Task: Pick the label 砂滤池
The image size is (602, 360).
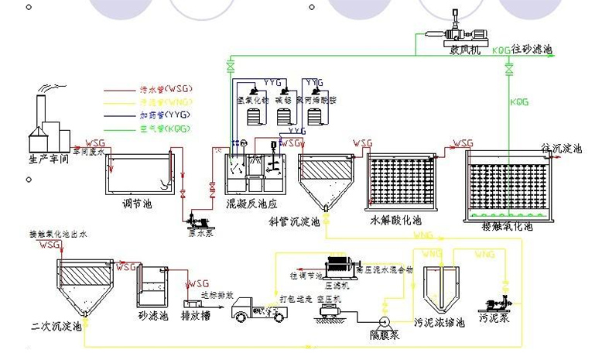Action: coord(152,317)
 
